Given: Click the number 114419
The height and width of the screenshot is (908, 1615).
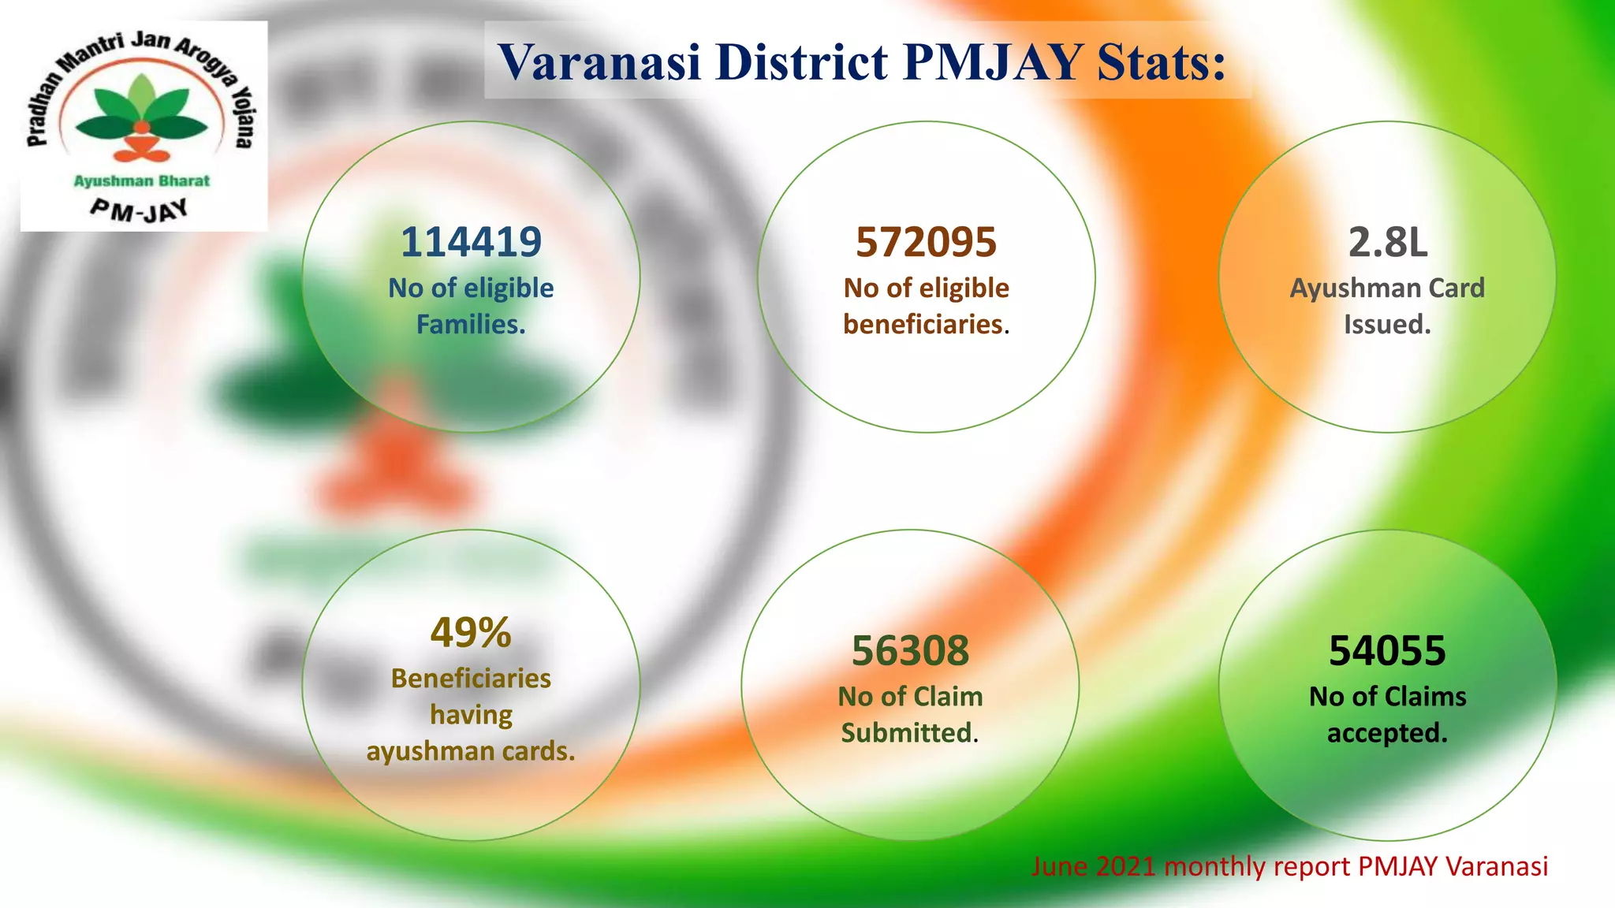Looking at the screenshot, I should coord(471,242).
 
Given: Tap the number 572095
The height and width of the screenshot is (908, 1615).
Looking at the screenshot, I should coord(926,242).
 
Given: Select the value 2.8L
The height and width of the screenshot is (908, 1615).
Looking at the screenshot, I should coord(1387,242).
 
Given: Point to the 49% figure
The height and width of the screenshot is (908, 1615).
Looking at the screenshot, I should coord(471,632).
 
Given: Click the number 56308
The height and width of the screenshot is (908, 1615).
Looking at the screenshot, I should coord(910,651).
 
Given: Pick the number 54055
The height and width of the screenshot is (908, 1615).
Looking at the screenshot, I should coord(1387,651).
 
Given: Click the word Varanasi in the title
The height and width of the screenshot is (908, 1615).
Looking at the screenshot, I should coord(599,61).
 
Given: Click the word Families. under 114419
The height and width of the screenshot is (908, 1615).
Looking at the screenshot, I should coord(471,324).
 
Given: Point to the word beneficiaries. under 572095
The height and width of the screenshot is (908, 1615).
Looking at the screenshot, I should coord(926,324).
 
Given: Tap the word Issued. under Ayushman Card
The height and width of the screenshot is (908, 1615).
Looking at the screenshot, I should coord(1387,324).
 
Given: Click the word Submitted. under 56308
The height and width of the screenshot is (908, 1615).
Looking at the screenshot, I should coord(909,733).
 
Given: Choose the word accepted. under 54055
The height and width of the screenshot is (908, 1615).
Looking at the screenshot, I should coord(1387,733).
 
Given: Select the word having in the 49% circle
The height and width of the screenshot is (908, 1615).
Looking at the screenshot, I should coord(471,715).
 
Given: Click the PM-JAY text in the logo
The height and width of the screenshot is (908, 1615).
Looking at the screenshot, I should coord(140,210).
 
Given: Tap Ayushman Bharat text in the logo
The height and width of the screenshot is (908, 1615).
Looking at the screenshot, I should coord(142,180).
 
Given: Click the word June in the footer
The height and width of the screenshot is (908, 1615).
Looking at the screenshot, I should coord(1060,866).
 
